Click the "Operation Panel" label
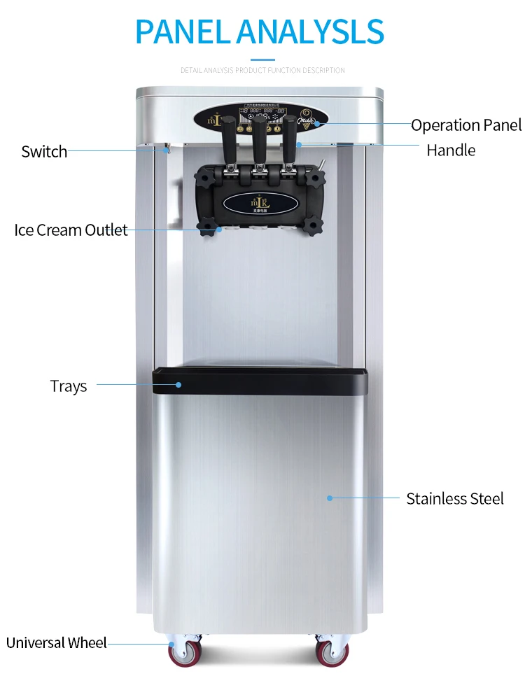coord(465,125)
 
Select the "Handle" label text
coord(451,150)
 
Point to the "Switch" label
coord(44,151)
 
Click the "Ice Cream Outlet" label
coord(71,230)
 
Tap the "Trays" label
coord(69,386)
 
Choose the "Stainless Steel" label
coord(455,498)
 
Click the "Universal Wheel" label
coord(57,642)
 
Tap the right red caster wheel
coord(332,654)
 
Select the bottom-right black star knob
coord(312,225)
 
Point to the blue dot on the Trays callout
coord(178,384)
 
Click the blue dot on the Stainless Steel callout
coord(330,498)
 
